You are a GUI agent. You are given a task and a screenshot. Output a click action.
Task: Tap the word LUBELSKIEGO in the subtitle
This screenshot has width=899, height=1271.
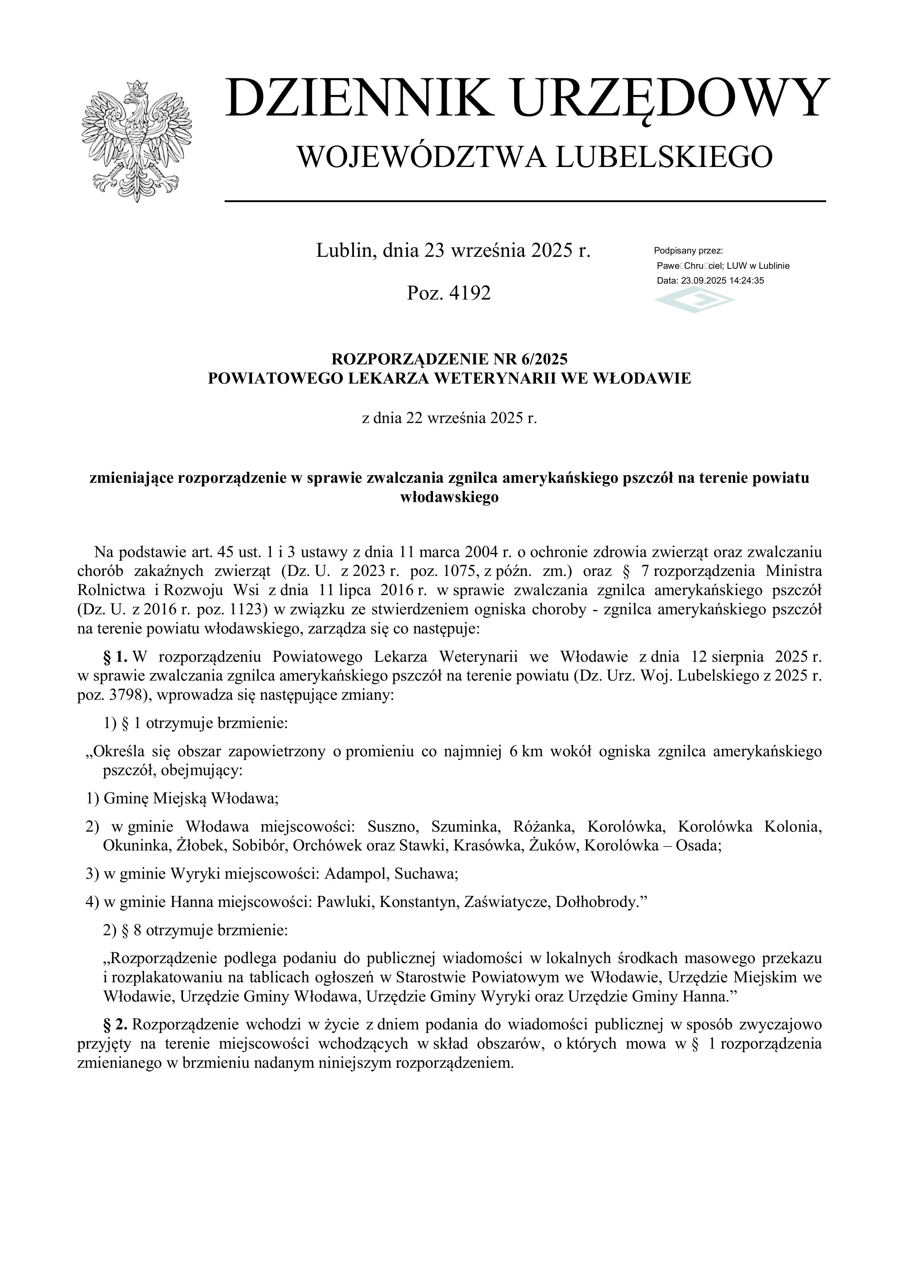(x=663, y=157)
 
